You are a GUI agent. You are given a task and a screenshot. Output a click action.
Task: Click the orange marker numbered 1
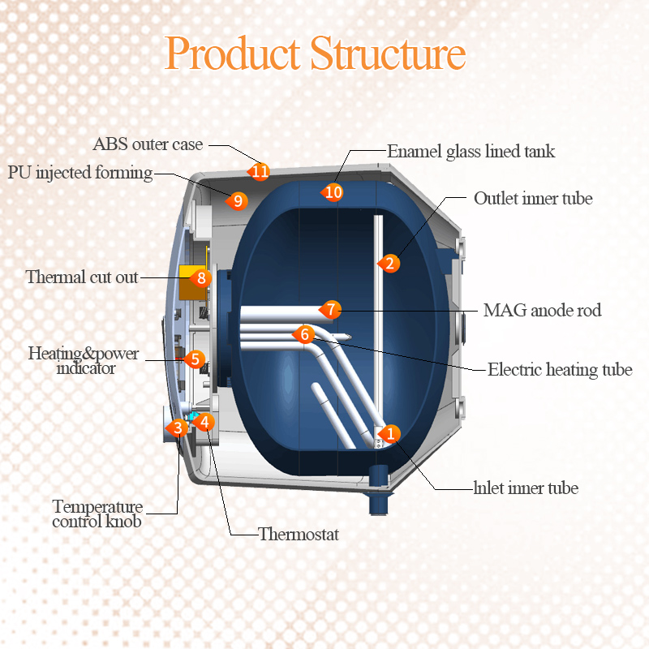[390, 433]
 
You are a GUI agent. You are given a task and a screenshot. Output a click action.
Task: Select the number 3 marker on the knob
[176, 427]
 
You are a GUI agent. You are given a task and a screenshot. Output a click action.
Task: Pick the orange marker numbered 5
[194, 359]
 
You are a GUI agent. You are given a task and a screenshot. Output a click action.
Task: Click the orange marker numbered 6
[304, 333]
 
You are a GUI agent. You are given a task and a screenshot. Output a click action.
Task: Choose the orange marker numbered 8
[202, 277]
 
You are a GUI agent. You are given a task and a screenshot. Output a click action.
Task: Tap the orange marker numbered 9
[237, 200]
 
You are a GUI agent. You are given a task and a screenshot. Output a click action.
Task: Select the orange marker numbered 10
[333, 192]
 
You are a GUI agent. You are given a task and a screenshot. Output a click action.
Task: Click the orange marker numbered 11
[260, 171]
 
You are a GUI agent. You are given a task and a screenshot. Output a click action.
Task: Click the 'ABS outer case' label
[148, 144]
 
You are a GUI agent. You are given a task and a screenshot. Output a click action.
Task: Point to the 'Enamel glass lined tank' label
[471, 151]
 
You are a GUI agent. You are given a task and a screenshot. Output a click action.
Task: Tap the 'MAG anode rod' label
[542, 311]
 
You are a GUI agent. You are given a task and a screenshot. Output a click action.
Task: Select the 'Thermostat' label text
[298, 534]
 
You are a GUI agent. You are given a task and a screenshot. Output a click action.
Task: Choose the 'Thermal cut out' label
[82, 277]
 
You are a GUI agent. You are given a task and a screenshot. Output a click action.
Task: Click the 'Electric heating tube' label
[559, 370]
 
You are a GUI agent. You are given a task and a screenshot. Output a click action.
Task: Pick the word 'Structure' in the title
[388, 54]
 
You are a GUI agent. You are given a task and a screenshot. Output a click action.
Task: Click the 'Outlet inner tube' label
[533, 198]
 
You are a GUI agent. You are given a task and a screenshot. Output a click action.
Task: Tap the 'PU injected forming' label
[80, 172]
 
